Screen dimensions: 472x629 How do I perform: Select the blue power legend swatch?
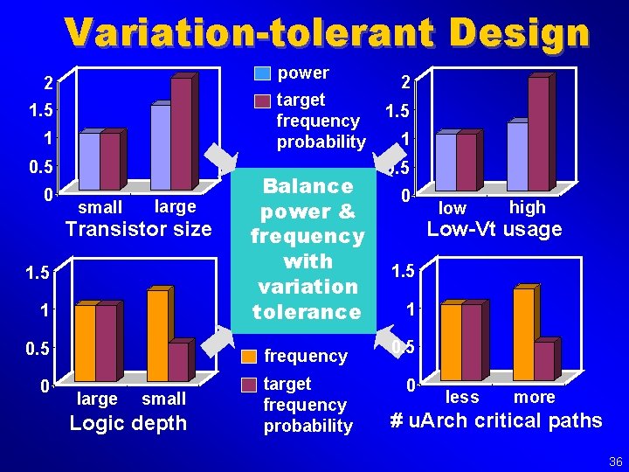(262, 73)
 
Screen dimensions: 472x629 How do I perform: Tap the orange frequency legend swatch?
(249, 357)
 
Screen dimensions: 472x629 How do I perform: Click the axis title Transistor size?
(140, 229)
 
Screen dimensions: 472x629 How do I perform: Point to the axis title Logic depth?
(128, 423)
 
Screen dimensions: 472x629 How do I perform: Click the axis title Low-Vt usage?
(494, 230)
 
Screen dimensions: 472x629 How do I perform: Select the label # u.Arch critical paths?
(495, 420)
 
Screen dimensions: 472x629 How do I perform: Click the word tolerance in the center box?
(306, 311)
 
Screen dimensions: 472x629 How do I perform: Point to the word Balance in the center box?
(308, 186)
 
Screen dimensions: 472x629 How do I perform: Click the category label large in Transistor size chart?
(175, 206)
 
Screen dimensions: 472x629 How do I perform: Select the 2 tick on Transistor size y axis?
(49, 83)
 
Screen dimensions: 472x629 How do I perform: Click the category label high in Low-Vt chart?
(527, 207)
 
